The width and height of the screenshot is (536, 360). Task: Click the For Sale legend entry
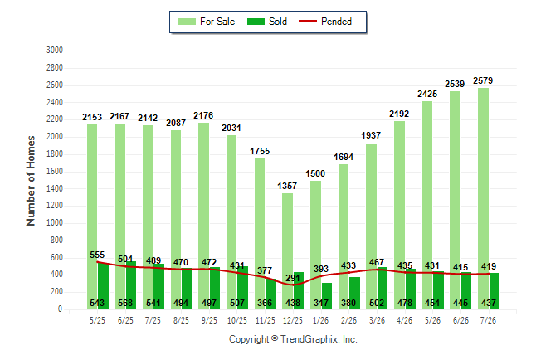click(207, 22)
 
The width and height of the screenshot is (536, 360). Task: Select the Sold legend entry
click(267, 22)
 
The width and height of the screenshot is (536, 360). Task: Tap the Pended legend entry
click(325, 22)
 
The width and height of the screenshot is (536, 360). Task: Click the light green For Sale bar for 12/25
click(287, 251)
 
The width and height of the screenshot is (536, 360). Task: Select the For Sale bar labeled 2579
click(484, 198)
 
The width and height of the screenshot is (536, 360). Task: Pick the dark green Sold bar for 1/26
click(327, 296)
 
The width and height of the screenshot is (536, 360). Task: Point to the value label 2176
click(203, 115)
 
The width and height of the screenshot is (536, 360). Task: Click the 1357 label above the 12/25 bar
click(287, 186)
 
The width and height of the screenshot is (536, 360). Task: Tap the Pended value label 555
click(97, 255)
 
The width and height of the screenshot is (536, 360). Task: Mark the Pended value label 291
click(293, 278)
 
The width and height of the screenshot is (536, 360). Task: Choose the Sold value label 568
click(125, 303)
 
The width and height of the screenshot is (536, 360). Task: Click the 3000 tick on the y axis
click(55, 51)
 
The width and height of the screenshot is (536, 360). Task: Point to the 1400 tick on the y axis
click(55, 188)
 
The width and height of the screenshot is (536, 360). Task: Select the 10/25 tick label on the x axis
click(237, 320)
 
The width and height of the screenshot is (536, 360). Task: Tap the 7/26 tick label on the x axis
click(488, 320)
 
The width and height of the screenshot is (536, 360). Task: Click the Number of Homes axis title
click(31, 181)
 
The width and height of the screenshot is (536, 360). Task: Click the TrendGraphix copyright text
click(293, 339)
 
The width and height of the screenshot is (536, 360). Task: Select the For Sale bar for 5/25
click(92, 216)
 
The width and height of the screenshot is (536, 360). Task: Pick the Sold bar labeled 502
click(383, 288)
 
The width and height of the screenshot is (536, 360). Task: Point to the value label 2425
click(427, 94)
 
